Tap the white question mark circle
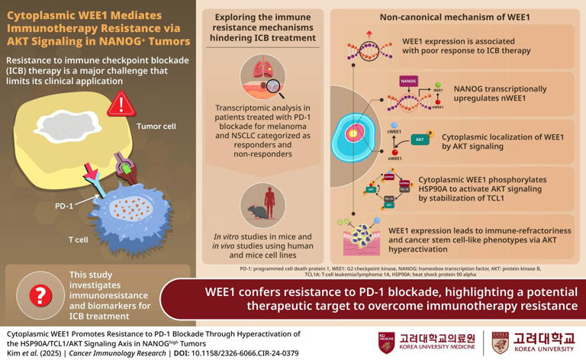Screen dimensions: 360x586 (38, 294)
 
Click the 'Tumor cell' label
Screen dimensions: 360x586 (157, 127)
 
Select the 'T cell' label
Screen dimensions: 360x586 (79, 239)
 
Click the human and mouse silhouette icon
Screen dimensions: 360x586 (262, 204)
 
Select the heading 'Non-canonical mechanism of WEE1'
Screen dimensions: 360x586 (455, 17)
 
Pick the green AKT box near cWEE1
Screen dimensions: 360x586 (419, 140)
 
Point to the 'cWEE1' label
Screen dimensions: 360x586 (394, 132)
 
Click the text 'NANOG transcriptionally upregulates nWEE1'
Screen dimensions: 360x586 (500, 94)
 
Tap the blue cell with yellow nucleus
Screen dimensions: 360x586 (354, 135)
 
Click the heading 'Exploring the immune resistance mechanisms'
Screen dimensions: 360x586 (262, 28)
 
